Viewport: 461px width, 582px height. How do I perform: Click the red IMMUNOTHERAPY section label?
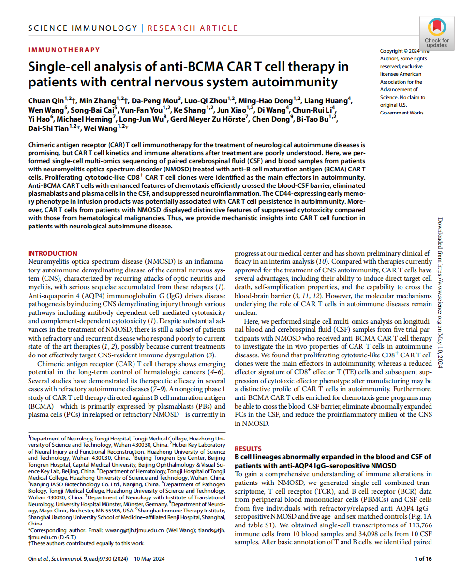pyautogui.click(x=64, y=50)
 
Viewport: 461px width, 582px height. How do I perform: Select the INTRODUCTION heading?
pyautogui.click(x=52, y=253)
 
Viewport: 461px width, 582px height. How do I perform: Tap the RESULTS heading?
pyautogui.click(x=248, y=449)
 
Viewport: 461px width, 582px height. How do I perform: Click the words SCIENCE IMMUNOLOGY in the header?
pyautogui.click(x=83, y=28)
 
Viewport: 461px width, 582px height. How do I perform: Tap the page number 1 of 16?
pyautogui.click(x=423, y=559)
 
